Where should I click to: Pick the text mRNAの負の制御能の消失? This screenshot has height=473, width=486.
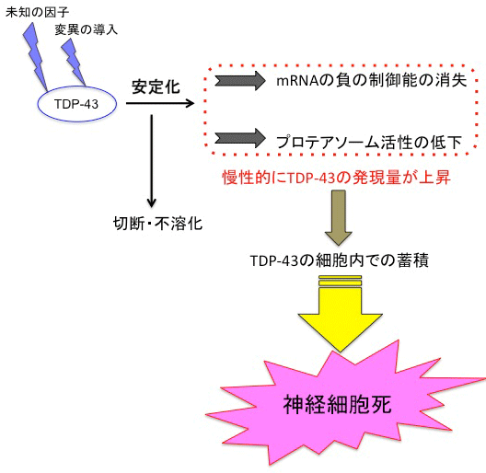tap(370, 80)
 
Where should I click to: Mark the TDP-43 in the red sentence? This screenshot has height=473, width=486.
tap(304, 178)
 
